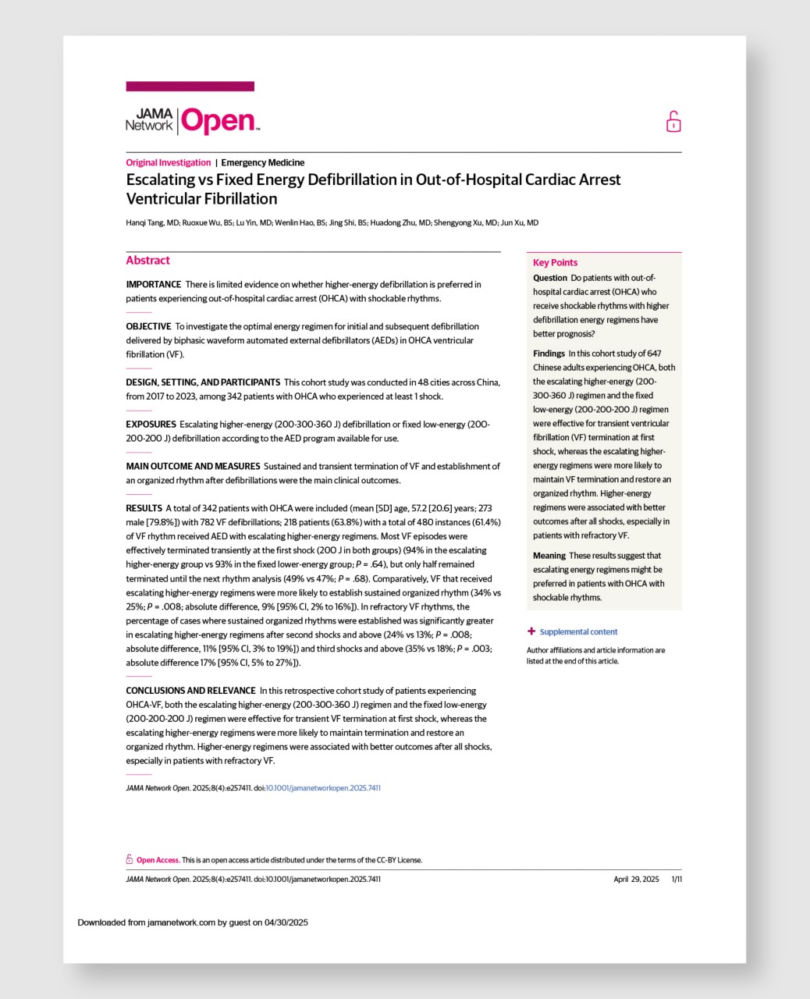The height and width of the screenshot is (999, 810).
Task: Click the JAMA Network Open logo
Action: [x=192, y=121]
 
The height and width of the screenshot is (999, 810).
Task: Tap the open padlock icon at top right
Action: [x=673, y=122]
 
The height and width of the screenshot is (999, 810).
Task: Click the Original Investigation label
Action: [x=169, y=162]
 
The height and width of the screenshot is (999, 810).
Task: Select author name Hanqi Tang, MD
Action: [x=152, y=222]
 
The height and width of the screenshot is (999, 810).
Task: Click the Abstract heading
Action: [x=147, y=261]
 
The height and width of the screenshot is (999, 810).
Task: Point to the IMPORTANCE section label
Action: [x=154, y=284]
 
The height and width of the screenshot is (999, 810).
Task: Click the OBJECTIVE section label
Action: [x=148, y=326]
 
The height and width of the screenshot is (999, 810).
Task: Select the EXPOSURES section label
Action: [x=151, y=425]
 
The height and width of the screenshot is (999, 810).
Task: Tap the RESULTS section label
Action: [x=144, y=508]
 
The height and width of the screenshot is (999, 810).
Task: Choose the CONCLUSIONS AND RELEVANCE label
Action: [x=190, y=691]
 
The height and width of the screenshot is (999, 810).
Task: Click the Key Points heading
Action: [x=555, y=263]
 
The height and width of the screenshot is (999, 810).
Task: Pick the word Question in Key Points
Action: [x=550, y=278]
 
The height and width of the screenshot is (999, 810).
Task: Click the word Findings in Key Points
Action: [x=549, y=354]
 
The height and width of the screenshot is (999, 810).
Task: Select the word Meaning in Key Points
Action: [x=549, y=556]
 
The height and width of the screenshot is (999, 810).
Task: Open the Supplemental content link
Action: [x=578, y=632]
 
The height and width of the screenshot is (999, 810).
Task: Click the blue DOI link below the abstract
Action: [x=323, y=788]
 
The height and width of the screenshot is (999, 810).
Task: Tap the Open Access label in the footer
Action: [x=158, y=860]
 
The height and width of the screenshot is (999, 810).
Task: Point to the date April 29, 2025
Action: [x=636, y=880]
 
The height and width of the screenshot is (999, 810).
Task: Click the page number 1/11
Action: [x=677, y=880]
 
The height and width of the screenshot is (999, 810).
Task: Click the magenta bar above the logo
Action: [x=190, y=87]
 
